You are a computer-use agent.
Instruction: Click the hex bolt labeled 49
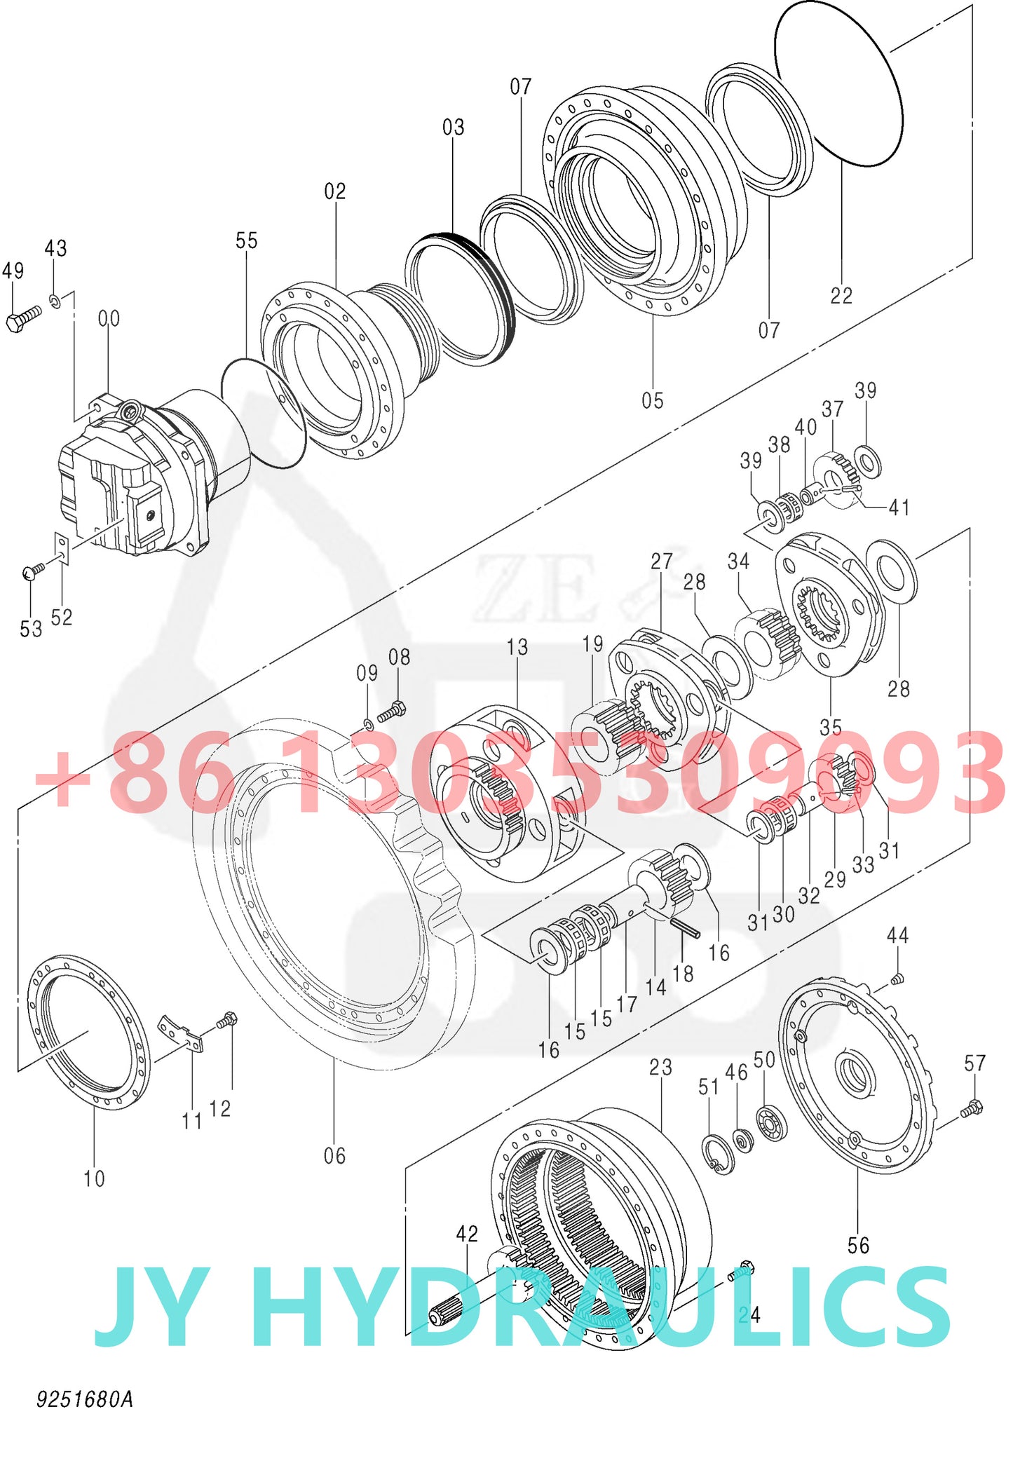tap(22, 319)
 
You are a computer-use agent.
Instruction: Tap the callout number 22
tap(841, 295)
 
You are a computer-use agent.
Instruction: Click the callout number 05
tap(652, 400)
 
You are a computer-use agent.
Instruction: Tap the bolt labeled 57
tap(972, 1108)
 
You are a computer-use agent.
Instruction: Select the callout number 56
tap(858, 1245)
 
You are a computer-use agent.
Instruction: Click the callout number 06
tap(334, 1155)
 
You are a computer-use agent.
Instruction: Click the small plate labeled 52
tap(62, 547)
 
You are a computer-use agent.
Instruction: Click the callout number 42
tap(467, 1233)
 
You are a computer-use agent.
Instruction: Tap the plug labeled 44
tap(897, 979)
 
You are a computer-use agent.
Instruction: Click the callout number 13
tap(517, 646)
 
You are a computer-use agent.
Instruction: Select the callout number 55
tap(246, 240)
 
